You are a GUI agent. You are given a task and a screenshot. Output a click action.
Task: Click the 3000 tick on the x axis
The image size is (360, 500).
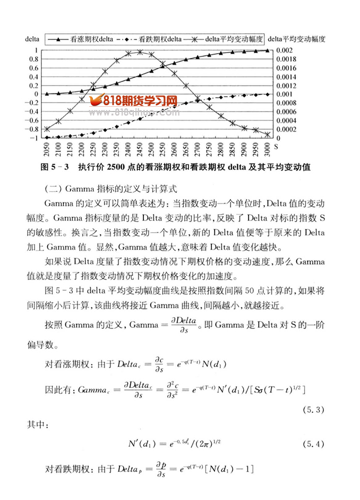click(268, 148)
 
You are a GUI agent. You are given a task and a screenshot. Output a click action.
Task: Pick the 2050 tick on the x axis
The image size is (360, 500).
click(47, 148)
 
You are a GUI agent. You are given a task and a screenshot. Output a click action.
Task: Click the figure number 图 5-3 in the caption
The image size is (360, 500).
click(55, 167)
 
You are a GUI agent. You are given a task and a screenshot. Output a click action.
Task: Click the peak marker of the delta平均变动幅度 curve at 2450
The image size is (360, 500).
click(140, 52)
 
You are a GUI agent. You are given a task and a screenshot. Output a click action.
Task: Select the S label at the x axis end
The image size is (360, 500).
click(275, 144)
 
